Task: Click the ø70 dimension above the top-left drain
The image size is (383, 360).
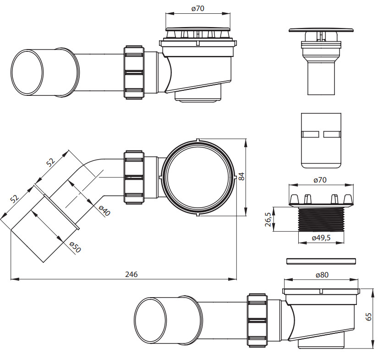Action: tap(197, 9)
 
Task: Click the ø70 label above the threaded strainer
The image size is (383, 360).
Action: tap(320, 180)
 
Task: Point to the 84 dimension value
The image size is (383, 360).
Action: tap(241, 177)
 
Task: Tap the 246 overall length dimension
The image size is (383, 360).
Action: tap(131, 274)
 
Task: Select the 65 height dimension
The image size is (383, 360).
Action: tap(369, 316)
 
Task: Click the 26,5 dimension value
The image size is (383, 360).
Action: tap(268, 219)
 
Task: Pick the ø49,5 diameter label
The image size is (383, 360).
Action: tap(321, 238)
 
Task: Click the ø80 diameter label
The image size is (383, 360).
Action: tap(322, 275)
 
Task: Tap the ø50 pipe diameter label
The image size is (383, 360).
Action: tap(75, 247)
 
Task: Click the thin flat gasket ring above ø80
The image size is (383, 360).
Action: tap(321, 261)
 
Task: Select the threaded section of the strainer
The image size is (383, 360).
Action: tap(321, 219)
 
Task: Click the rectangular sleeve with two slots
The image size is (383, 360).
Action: tap(321, 141)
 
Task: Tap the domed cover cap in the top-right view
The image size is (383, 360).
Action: tap(321, 30)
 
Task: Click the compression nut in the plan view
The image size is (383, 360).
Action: tap(134, 177)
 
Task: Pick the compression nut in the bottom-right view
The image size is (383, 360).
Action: tap(257, 320)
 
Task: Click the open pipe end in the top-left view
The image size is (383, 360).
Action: tap(27, 72)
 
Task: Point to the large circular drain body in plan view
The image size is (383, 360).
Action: tap(198, 177)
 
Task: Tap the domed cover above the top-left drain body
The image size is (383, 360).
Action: tap(198, 29)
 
